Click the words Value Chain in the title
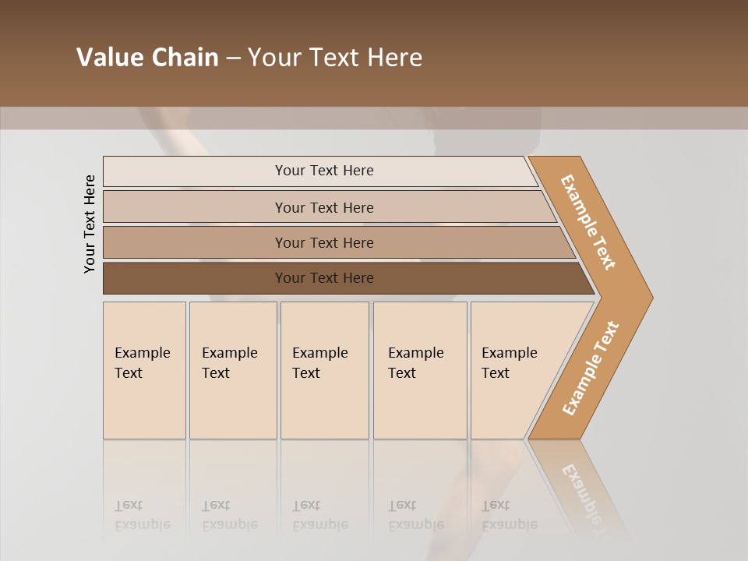click(x=147, y=58)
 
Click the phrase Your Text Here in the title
click(x=335, y=58)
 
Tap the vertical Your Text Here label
click(x=90, y=224)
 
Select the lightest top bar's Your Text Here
click(x=324, y=171)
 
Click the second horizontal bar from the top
click(x=324, y=207)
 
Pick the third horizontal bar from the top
click(x=324, y=242)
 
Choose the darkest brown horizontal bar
click(x=324, y=278)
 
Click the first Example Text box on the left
click(x=144, y=370)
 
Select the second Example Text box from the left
click(x=232, y=370)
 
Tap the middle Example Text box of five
click(x=324, y=370)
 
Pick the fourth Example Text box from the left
click(x=419, y=370)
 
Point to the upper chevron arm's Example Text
click(x=588, y=222)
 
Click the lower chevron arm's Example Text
click(x=591, y=368)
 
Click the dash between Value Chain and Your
click(x=233, y=58)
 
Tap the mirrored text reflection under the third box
click(x=319, y=515)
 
